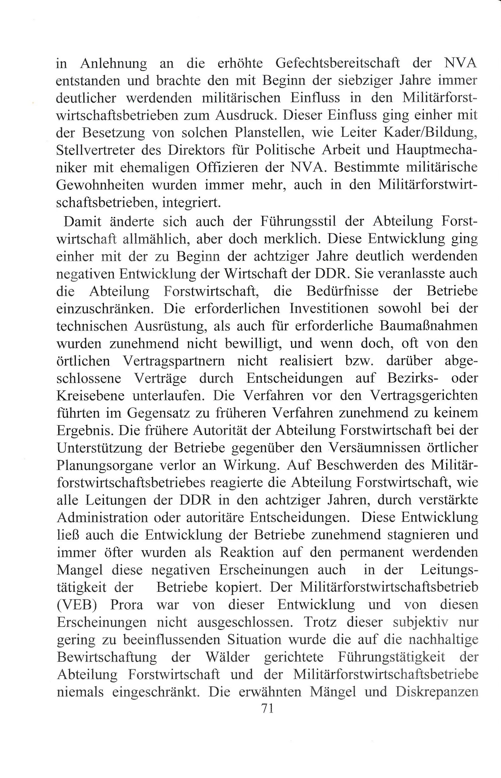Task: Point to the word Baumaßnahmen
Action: click(x=429, y=326)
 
